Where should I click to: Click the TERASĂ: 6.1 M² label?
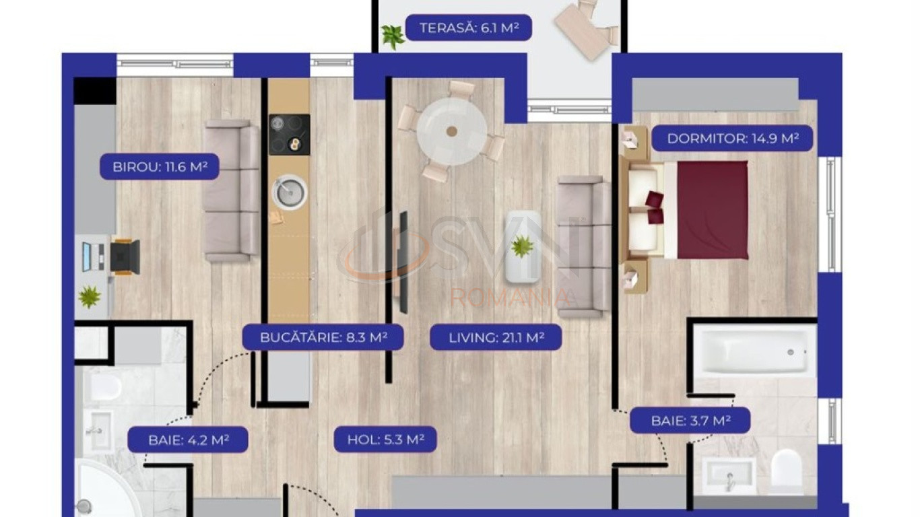(x=469, y=28)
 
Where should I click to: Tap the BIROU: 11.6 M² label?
(x=160, y=167)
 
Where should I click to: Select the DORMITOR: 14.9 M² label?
(x=732, y=139)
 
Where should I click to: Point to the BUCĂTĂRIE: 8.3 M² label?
(x=323, y=337)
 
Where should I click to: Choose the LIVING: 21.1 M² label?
(x=496, y=337)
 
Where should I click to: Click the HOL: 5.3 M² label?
(x=385, y=440)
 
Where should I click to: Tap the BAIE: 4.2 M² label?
(x=188, y=440)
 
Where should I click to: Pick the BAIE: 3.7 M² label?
(x=690, y=421)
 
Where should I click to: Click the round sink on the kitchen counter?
(x=290, y=192)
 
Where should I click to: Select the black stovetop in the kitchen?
(x=290, y=135)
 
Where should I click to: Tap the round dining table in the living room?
(x=452, y=131)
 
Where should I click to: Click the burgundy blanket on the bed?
(x=713, y=210)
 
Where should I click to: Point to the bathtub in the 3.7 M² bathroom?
(x=755, y=351)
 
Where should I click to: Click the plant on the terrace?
(x=393, y=36)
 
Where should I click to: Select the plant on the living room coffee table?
(x=522, y=247)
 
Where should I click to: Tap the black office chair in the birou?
(x=125, y=257)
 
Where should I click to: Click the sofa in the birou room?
(x=232, y=191)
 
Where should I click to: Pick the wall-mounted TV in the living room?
(x=403, y=263)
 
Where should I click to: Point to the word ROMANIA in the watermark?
(x=511, y=298)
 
